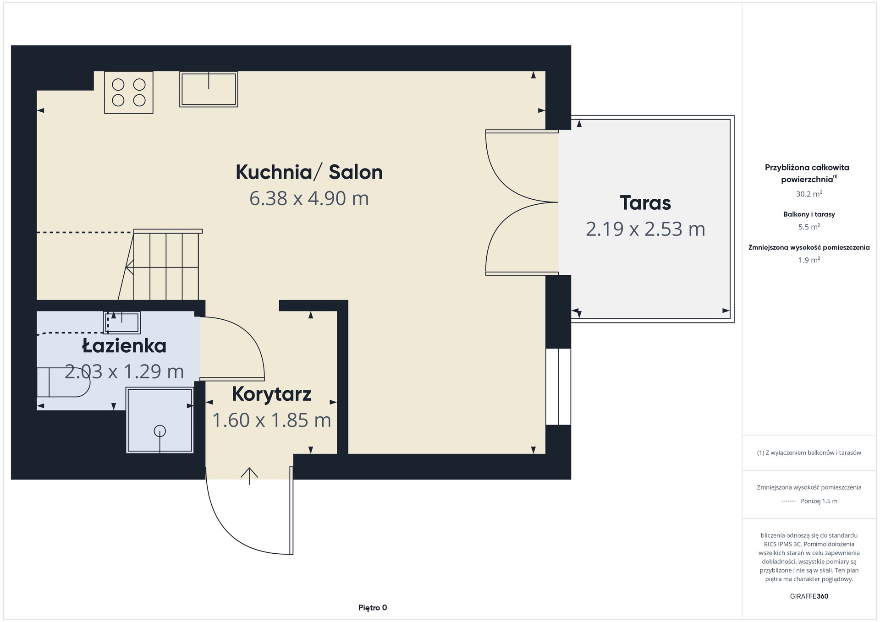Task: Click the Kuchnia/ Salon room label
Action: (x=309, y=172)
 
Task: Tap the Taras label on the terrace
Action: (x=645, y=203)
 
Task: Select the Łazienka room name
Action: (x=124, y=345)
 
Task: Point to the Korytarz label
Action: (x=271, y=394)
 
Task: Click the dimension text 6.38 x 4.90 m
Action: (x=309, y=198)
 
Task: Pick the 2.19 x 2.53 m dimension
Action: (x=645, y=229)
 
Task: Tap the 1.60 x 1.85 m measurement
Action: (x=271, y=420)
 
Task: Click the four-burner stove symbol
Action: (x=129, y=93)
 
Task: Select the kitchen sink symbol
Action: (x=209, y=89)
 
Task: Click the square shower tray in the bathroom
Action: (x=160, y=420)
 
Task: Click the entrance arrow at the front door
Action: (x=249, y=476)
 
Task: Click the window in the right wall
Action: (x=558, y=387)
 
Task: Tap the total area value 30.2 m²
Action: (x=809, y=194)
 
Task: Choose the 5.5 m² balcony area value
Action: (x=809, y=227)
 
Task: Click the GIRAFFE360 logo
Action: (x=809, y=596)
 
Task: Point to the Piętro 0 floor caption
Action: (x=373, y=608)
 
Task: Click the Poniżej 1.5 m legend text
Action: (x=819, y=501)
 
